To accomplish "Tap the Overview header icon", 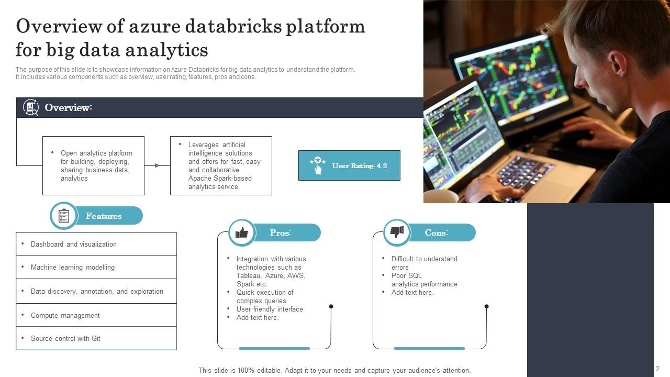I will [31, 107].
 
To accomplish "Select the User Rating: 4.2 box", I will [349, 165].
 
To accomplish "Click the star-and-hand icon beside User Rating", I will [318, 165].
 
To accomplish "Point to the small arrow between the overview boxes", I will [157, 165].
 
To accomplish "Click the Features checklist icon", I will [64, 216].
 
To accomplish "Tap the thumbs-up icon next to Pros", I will [242, 232].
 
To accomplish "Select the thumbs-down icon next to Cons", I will [397, 232].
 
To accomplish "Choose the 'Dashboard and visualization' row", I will [96, 244].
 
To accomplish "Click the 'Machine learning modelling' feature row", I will [96, 267].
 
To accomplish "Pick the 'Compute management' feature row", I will [96, 315].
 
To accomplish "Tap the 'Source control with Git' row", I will [96, 338].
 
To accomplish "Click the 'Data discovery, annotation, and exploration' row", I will [96, 291].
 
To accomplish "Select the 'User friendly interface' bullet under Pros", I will [269, 309].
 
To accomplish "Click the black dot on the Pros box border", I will [331, 306].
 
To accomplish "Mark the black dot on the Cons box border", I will [486, 306].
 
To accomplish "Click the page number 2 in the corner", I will [658, 369].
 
